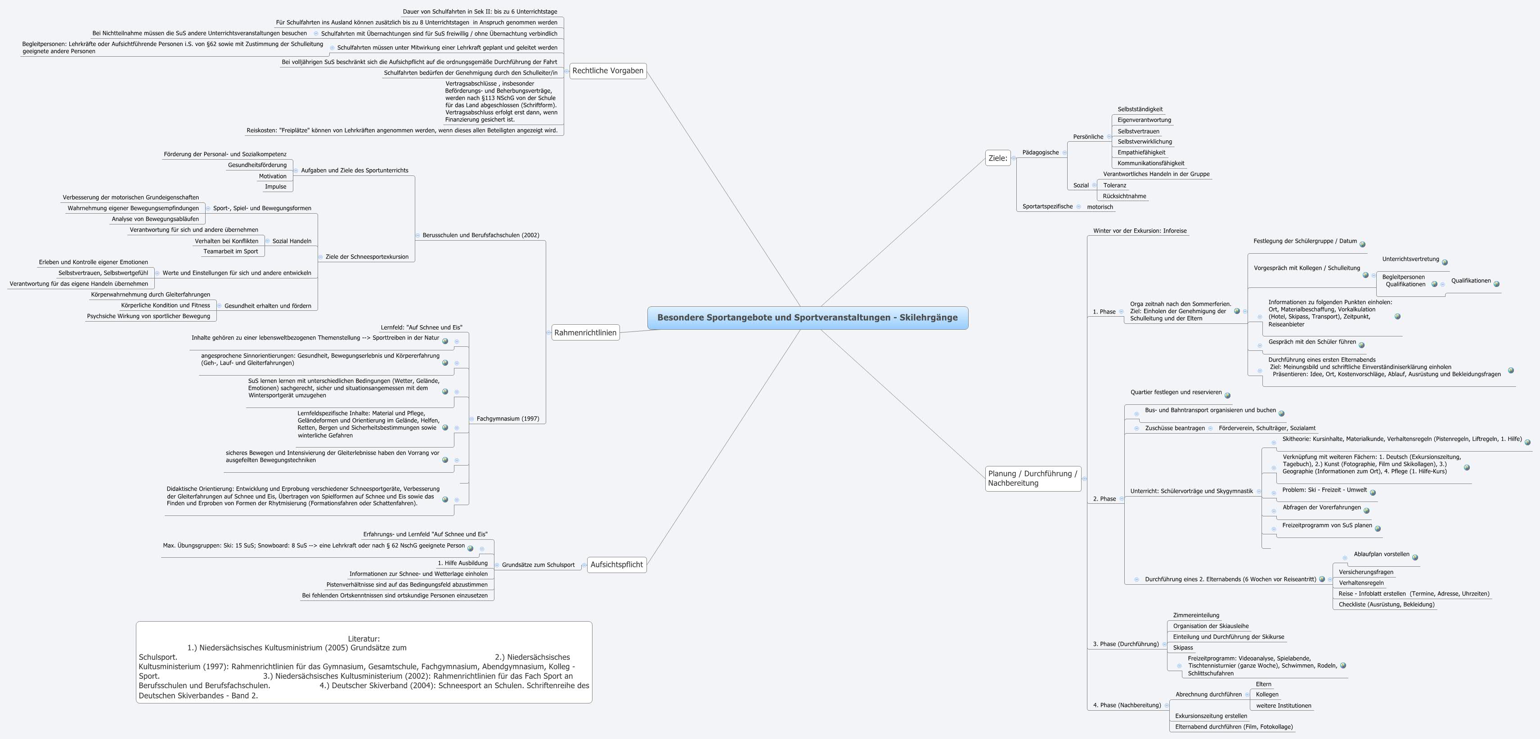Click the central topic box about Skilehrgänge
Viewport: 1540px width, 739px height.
click(x=807, y=318)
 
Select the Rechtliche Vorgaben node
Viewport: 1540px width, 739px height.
click(x=607, y=71)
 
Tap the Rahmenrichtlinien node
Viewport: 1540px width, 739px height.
click(x=585, y=332)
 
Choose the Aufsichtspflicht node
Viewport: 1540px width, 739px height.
click(x=616, y=564)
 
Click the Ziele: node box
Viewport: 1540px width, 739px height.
click(x=997, y=158)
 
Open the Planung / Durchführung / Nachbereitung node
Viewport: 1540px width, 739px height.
click(x=1033, y=478)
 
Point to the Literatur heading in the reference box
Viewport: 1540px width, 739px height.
click(x=364, y=639)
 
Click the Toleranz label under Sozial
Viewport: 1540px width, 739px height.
click(x=1114, y=185)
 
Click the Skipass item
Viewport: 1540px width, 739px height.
click(x=1182, y=648)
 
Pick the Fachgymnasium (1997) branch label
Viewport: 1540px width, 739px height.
click(x=507, y=419)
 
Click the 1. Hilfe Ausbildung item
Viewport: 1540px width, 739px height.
click(x=462, y=563)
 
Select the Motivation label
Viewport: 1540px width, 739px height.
click(x=273, y=176)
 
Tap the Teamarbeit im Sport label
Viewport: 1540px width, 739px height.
click(x=231, y=251)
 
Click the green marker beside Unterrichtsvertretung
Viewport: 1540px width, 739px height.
click(x=1444, y=263)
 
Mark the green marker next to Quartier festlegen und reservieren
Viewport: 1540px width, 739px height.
click(x=1227, y=395)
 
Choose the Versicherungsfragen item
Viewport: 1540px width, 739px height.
click(x=1365, y=572)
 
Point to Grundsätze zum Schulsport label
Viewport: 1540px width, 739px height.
click(x=538, y=564)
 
